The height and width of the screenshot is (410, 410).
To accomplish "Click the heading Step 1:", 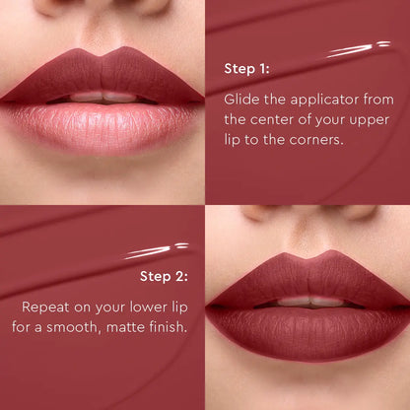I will [x=246, y=71].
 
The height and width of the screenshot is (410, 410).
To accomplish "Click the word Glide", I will [x=241, y=100].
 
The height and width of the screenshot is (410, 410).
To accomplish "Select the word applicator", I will [x=313, y=100].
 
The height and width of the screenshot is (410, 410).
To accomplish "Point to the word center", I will [x=272, y=120].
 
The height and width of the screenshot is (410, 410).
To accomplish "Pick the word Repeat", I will [x=48, y=306].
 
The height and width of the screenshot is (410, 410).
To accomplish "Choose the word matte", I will [x=146, y=326].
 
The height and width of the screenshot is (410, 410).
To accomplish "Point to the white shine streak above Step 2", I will [x=158, y=249].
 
